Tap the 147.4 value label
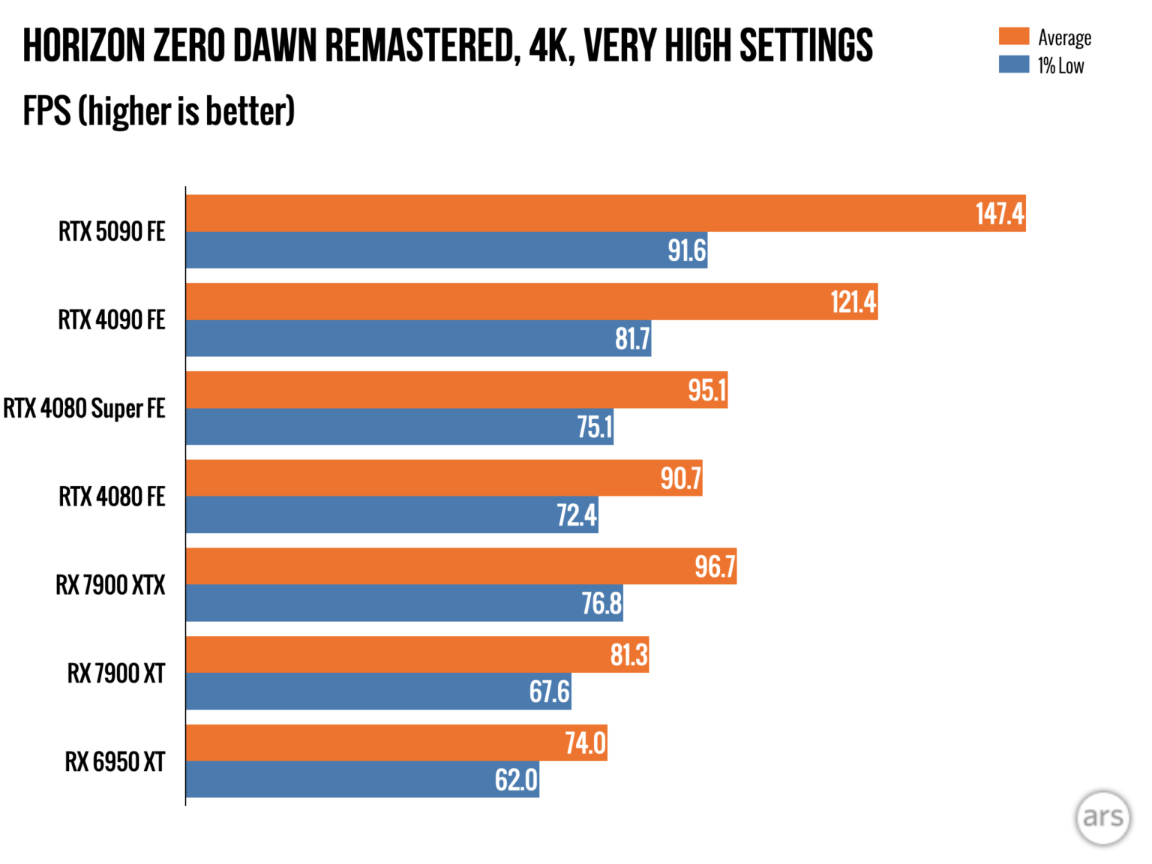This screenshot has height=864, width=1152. point(999,214)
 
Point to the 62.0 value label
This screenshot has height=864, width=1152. point(516,780)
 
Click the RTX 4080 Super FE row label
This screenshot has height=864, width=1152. point(84,409)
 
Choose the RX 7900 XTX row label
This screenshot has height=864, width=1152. point(110,585)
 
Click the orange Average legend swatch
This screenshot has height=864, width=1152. point(1013,36)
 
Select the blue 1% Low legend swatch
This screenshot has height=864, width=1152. point(1013,64)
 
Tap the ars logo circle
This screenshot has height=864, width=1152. point(1102,817)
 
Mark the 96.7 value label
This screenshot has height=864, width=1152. point(714,566)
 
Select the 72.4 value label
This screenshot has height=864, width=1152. point(576,515)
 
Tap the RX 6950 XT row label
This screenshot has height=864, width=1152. point(115,762)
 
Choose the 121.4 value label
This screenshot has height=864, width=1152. point(853,302)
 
